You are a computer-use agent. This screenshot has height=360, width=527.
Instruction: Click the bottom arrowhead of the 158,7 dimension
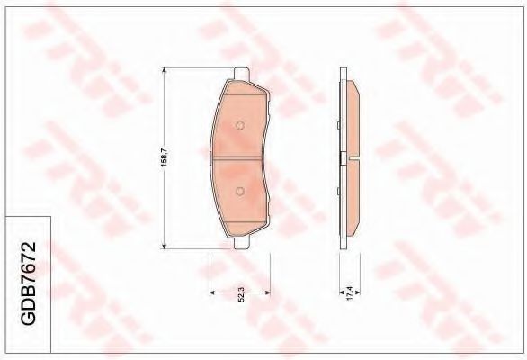[164, 244]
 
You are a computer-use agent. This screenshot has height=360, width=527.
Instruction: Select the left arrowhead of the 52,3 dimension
[212, 293]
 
